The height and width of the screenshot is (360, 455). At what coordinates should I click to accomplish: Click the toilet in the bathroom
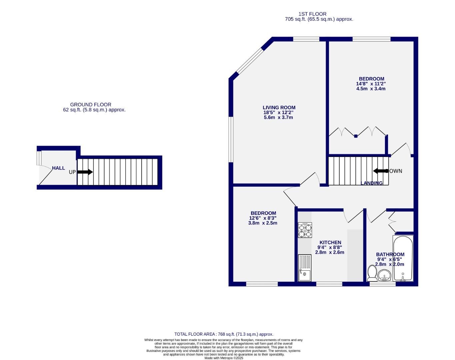pos(372,273)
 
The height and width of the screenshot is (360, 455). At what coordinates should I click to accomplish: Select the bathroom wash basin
pos(384,276)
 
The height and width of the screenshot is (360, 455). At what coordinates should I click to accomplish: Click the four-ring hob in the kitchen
pos(305,230)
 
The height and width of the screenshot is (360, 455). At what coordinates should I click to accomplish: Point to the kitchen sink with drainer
pos(305,268)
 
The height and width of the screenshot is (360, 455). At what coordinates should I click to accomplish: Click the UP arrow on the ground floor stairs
pos(85,172)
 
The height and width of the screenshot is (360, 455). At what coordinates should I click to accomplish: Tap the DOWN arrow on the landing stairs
pos(379,171)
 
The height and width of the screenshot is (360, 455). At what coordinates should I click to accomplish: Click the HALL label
pos(58,168)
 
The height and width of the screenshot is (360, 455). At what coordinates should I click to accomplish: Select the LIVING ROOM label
pos(279,107)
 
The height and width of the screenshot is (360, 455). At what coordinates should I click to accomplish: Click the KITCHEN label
pos(330,242)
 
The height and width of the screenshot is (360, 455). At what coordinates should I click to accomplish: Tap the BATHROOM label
pos(390,254)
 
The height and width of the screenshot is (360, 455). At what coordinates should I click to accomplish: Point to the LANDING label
pos(372,183)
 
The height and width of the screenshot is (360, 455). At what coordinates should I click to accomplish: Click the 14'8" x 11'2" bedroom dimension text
pos(371,84)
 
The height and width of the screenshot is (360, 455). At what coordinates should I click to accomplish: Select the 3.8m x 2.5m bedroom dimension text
pos(263,223)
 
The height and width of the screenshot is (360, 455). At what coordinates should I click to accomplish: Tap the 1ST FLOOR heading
pos(312,14)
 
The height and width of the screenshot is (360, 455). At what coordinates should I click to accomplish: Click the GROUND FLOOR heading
pos(90,105)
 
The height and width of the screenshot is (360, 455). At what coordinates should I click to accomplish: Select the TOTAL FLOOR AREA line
pos(224,334)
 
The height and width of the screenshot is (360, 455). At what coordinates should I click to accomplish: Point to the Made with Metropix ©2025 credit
pos(224,358)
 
